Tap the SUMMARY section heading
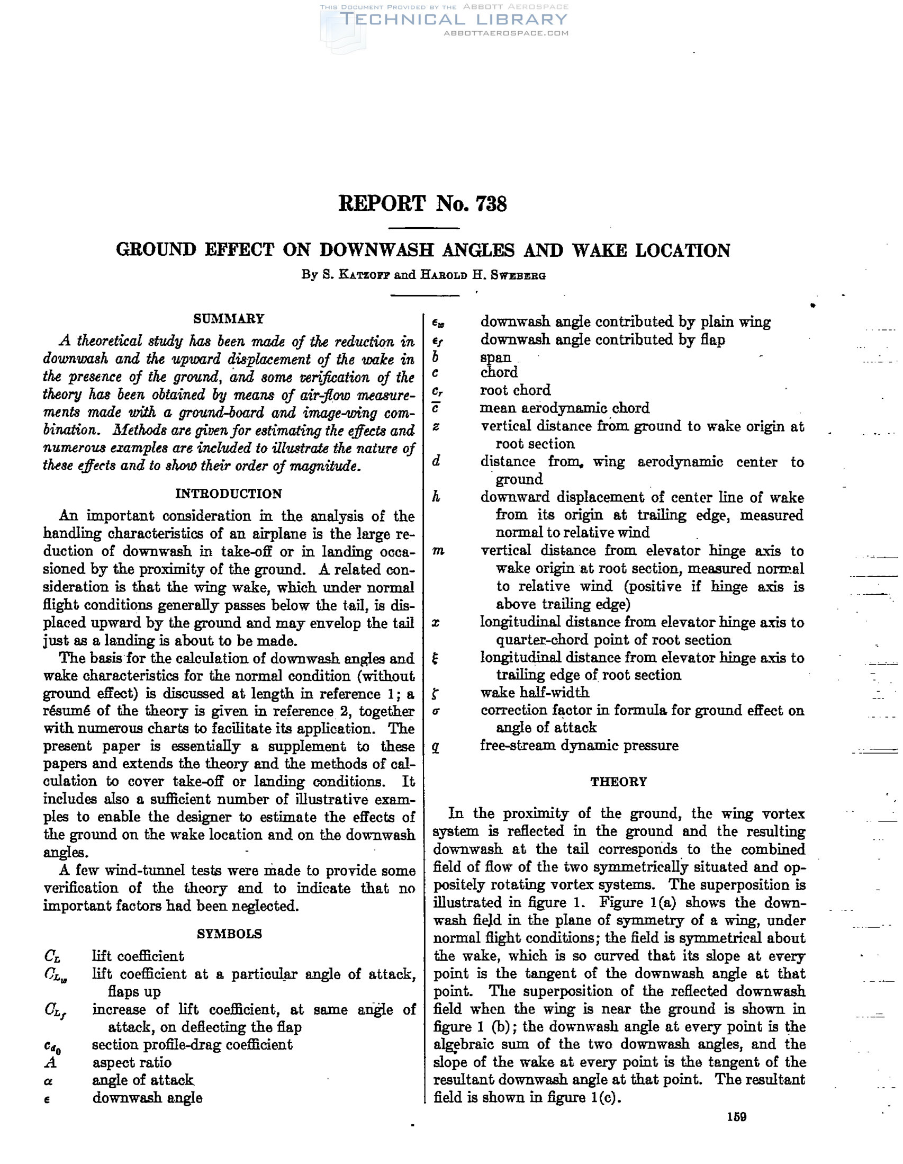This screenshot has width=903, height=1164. pos(229,319)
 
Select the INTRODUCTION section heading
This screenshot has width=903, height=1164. pos(229,494)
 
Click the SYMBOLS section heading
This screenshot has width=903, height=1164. pos(229,934)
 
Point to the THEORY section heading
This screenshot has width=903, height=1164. pos(619,781)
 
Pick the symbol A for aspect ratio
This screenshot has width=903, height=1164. pos(51,1062)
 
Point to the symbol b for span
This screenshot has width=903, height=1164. pos(435,357)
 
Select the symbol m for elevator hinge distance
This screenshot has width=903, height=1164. pos(438,552)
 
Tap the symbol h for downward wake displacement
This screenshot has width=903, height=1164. pos(436,497)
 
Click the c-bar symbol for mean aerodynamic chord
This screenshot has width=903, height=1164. pos(435,409)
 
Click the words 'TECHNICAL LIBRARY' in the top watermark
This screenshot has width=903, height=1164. pos(454,20)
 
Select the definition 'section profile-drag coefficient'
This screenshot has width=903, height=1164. pos(192,1044)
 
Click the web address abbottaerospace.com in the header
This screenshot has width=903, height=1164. pos(505,33)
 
